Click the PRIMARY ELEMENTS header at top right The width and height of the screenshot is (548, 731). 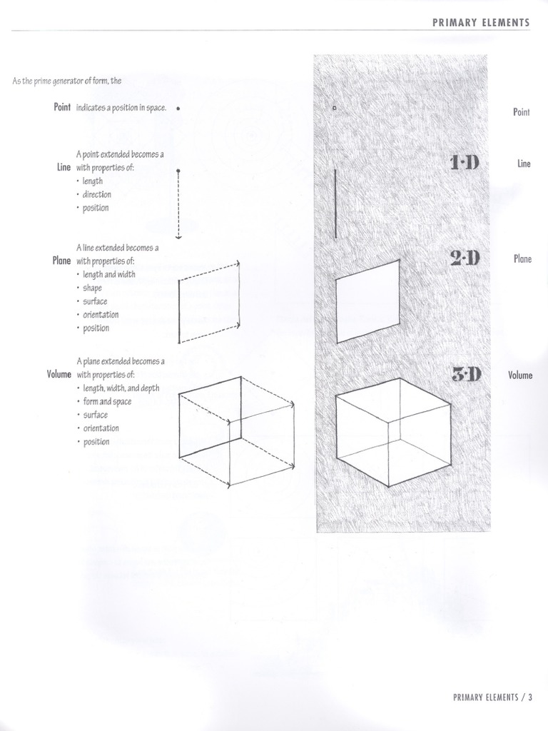(481, 22)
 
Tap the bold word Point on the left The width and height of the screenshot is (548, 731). (62, 107)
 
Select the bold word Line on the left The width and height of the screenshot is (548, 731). (64, 168)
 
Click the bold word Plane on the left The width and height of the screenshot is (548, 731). (62, 261)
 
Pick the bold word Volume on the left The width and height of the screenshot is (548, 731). (59, 374)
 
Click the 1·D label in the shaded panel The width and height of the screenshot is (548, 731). (465, 163)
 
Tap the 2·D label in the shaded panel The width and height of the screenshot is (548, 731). (465, 257)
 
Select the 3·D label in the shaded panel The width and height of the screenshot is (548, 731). (467, 373)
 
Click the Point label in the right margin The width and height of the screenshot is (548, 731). (522, 112)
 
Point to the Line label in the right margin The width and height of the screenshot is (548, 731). (524, 163)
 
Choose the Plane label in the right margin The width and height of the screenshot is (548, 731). (522, 258)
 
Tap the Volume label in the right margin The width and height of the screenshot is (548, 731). (520, 374)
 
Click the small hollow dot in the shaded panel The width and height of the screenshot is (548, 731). (334, 109)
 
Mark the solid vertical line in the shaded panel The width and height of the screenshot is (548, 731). (335, 203)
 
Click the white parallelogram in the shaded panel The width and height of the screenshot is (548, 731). (367, 301)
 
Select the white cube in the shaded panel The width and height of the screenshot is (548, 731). (392, 432)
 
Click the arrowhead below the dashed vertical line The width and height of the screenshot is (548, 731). (178, 236)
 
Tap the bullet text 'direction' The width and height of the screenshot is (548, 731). (96, 194)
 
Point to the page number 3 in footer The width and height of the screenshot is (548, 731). (530, 697)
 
